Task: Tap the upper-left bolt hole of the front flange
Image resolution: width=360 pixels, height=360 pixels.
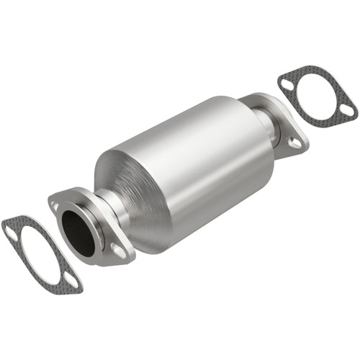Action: coord(55,207)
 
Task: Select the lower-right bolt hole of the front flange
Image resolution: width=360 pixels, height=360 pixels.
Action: coord(117,250)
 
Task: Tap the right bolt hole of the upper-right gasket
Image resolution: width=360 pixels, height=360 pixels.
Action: coord(347,110)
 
